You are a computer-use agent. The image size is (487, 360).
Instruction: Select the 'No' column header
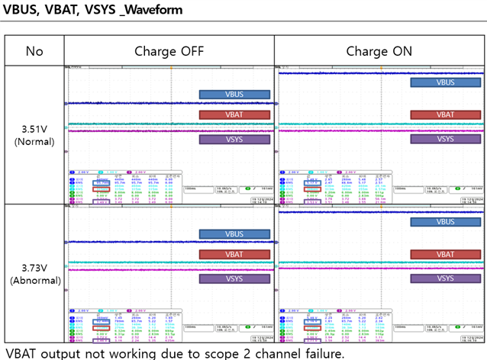pos(34,51)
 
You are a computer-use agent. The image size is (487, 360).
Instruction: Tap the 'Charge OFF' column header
pos(169,51)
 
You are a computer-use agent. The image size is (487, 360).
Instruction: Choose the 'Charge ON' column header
pos(379,51)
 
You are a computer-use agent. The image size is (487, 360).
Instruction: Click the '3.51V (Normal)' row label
pos(34,135)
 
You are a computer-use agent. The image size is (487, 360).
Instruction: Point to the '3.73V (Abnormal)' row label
pos(34,273)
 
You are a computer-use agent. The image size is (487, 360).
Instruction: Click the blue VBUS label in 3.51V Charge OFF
pos(234,95)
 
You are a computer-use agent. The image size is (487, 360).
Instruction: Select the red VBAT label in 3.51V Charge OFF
pos(234,114)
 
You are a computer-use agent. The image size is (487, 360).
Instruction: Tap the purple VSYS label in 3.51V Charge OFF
pos(234,140)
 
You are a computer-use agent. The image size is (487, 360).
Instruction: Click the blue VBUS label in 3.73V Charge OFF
pos(234,234)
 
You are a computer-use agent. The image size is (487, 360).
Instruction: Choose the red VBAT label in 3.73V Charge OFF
pos(234,257)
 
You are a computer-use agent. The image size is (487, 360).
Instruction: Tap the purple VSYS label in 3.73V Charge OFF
pos(234,279)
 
